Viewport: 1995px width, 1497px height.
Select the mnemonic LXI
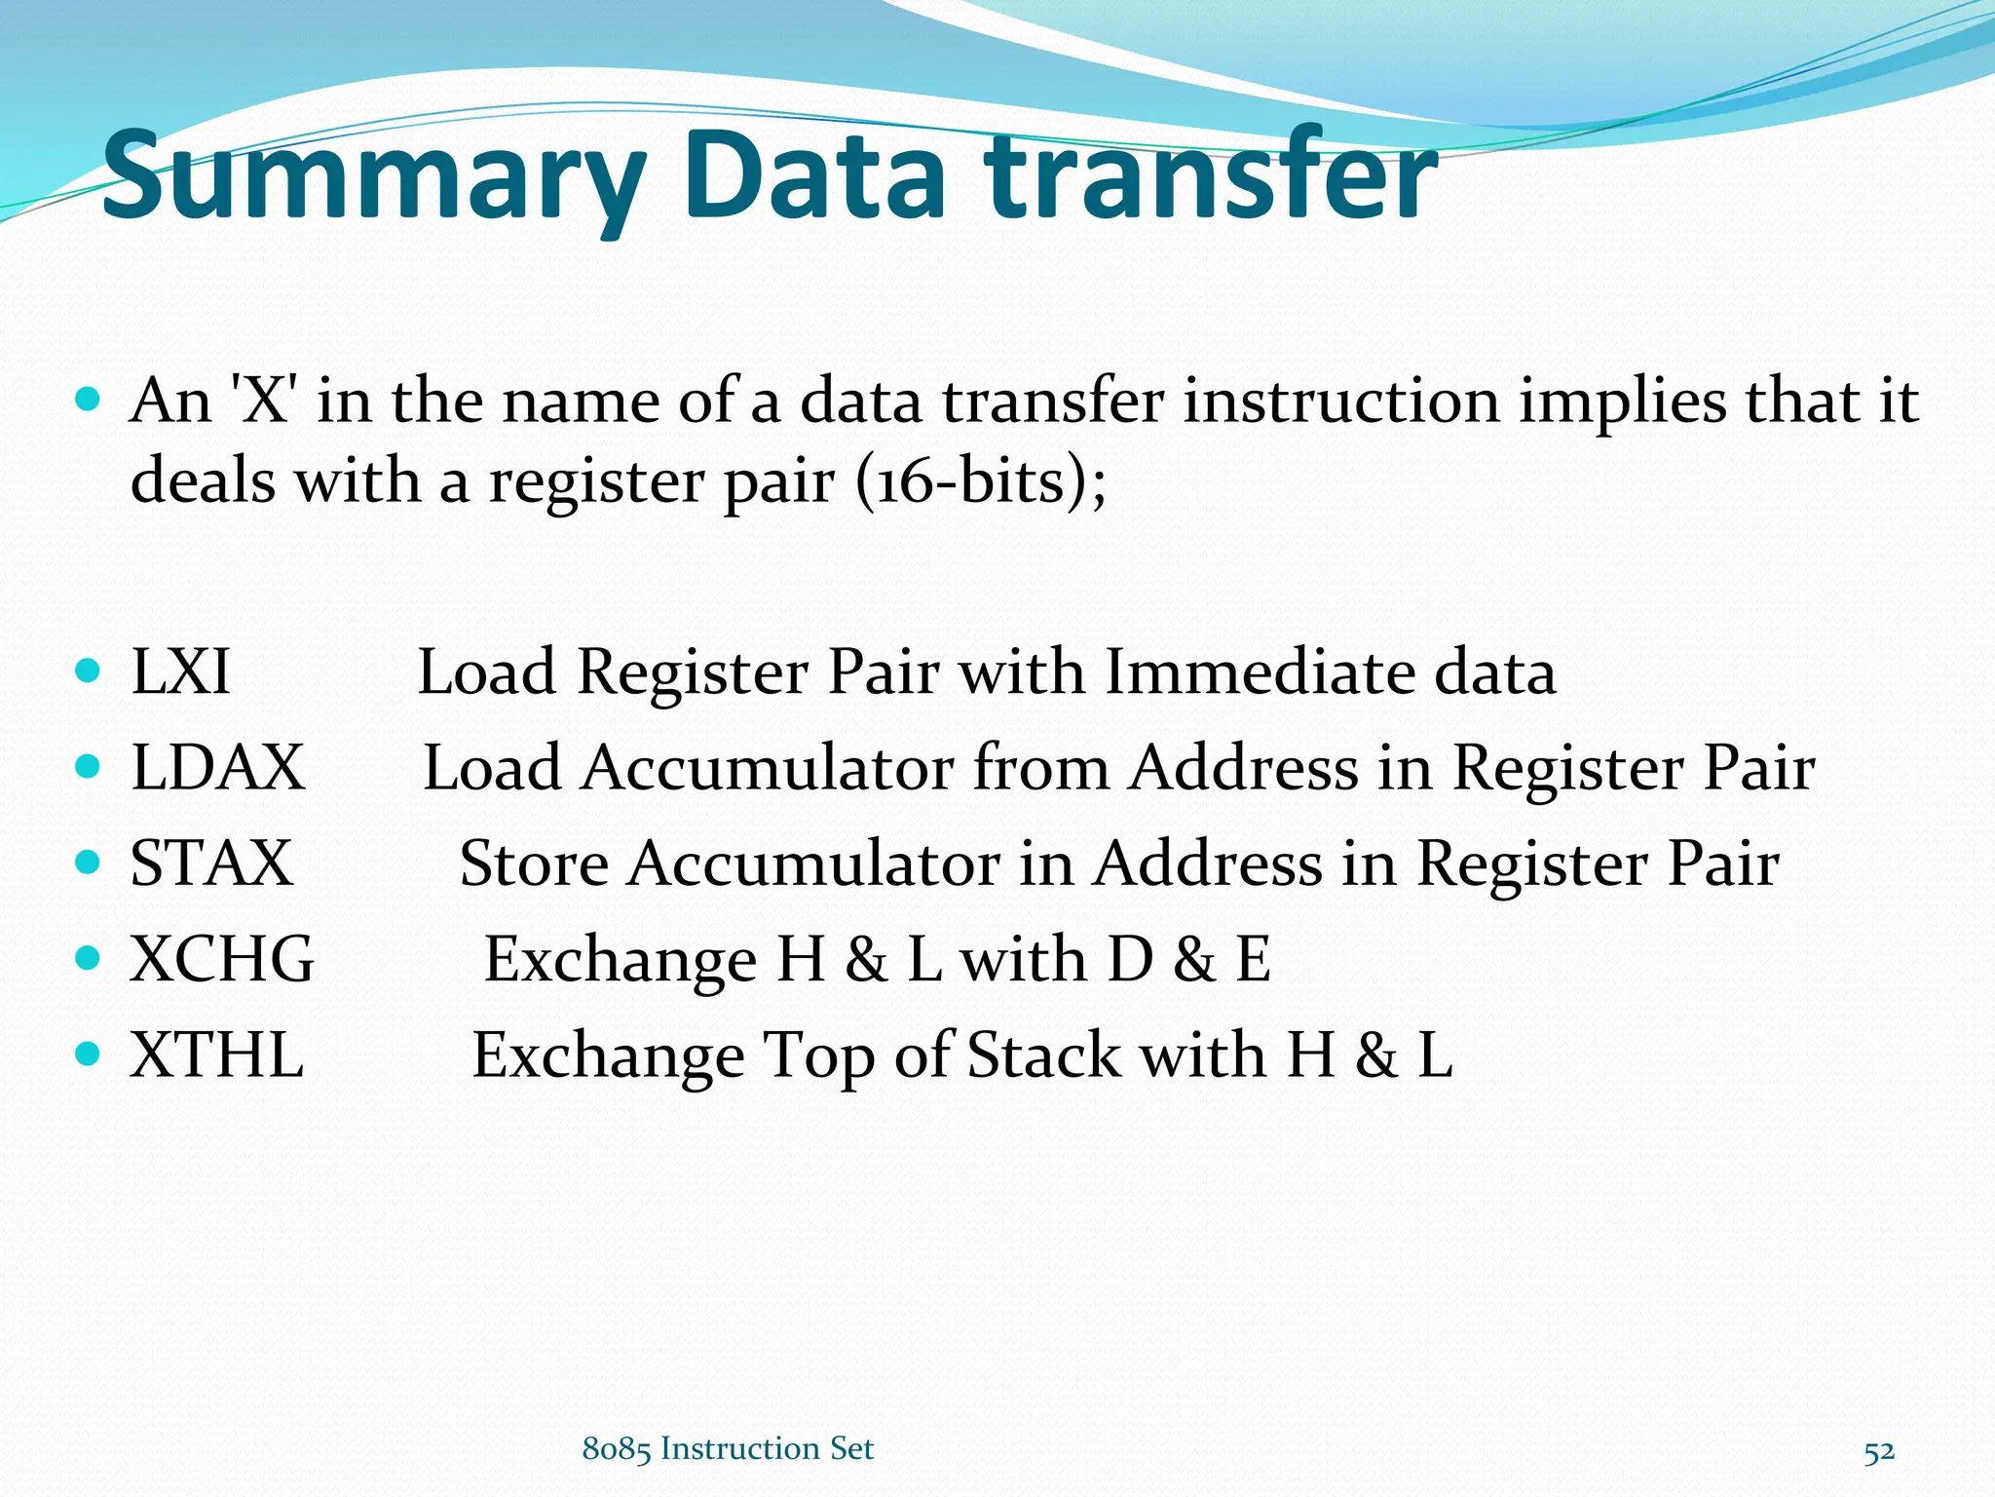[x=181, y=672]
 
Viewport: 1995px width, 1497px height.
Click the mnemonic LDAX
[x=218, y=767]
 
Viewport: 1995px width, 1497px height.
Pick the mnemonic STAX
[x=211, y=863]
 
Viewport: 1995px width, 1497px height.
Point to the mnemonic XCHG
[x=222, y=959]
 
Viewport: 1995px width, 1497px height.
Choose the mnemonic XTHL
[x=217, y=1055]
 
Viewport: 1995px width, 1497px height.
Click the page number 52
[x=1879, y=1452]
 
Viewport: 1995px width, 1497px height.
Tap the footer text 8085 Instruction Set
[x=728, y=1449]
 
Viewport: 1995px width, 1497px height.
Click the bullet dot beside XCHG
[x=88, y=958]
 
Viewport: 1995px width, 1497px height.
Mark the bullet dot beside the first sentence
[x=88, y=400]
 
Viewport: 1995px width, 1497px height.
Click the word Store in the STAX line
[x=534, y=864]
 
